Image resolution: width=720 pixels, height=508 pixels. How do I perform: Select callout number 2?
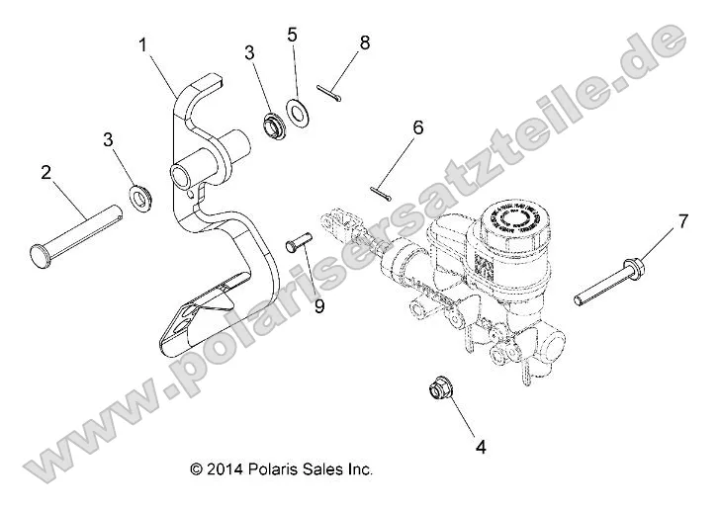click(x=45, y=172)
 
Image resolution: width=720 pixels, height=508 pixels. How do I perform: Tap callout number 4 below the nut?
click(x=482, y=447)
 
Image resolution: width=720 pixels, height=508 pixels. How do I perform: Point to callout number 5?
click(x=292, y=35)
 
